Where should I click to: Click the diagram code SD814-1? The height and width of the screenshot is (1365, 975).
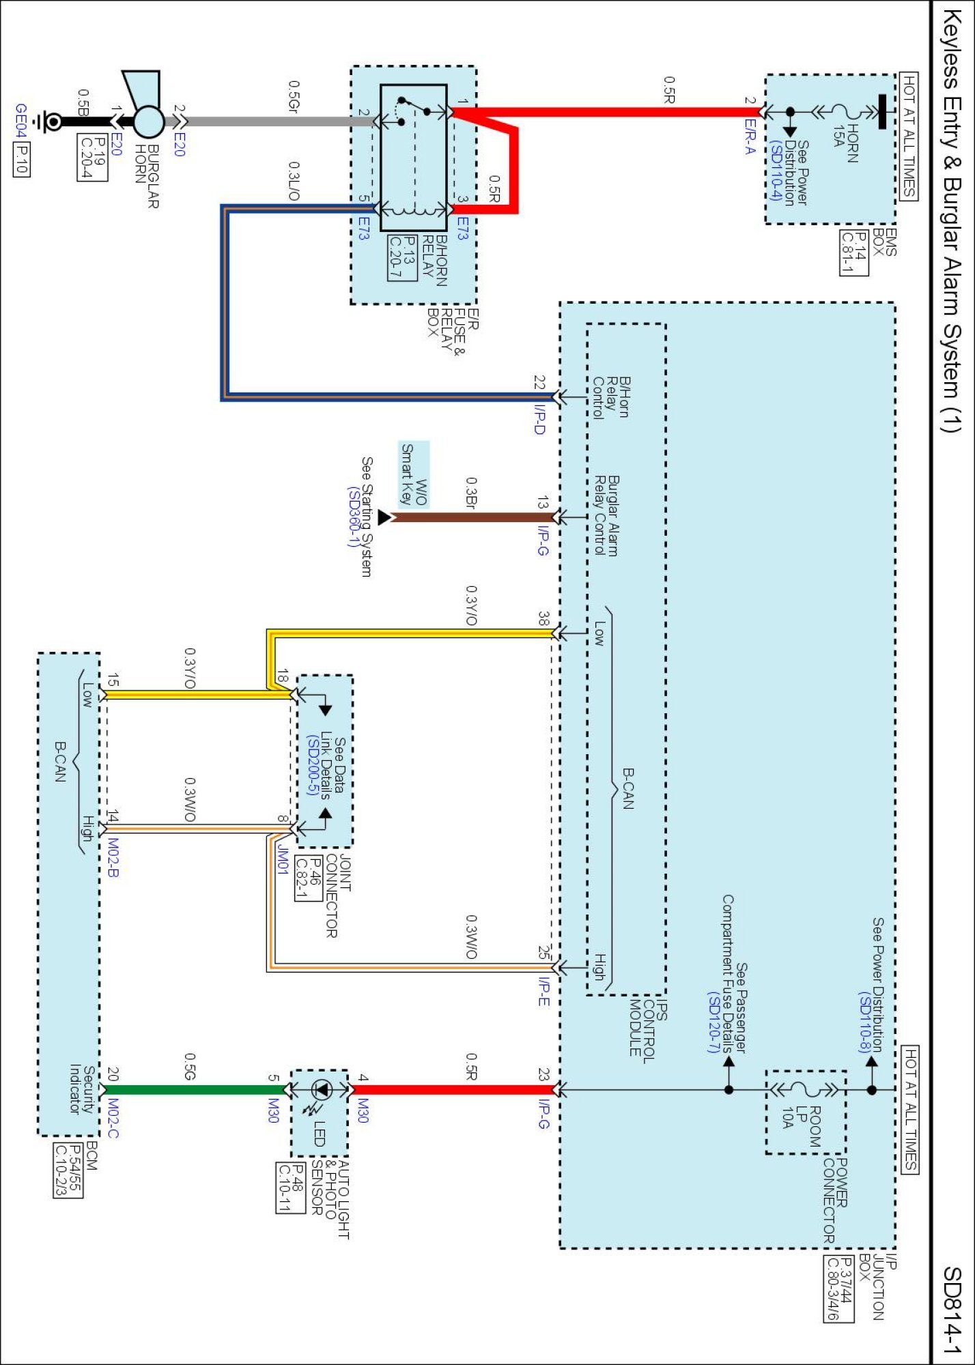(x=952, y=1310)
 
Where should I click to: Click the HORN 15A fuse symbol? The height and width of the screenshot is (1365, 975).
(x=847, y=111)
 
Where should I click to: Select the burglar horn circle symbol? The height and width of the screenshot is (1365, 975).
(x=148, y=122)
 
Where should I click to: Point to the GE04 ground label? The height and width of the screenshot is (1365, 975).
(x=21, y=121)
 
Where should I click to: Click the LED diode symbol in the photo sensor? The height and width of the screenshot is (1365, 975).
(x=321, y=1090)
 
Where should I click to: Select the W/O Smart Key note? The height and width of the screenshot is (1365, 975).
(x=414, y=474)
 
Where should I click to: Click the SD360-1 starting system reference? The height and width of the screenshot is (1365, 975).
(x=353, y=517)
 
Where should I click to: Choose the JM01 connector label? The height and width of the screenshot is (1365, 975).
(x=282, y=859)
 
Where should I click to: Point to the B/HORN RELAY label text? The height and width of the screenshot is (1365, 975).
(x=435, y=261)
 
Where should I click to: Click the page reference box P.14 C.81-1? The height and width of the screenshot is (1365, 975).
(x=854, y=253)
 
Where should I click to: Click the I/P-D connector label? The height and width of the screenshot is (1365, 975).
(x=539, y=420)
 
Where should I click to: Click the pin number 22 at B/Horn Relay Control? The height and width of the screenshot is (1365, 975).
(x=539, y=382)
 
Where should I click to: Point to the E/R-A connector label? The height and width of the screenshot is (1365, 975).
(x=750, y=136)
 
